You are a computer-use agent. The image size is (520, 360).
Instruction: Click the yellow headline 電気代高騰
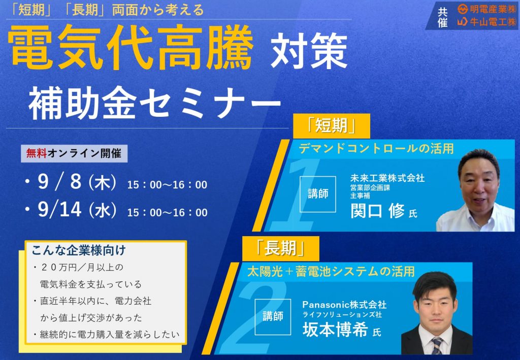click(131, 47)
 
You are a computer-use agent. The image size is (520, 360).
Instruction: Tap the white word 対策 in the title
click(308, 51)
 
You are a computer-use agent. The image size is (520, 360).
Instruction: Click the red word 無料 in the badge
click(37, 153)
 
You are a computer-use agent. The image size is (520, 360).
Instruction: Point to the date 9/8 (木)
click(77, 182)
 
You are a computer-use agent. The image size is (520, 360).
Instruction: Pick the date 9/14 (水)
click(77, 210)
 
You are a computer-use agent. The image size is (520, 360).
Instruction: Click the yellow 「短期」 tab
click(331, 126)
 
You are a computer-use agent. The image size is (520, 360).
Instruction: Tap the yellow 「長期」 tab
click(280, 249)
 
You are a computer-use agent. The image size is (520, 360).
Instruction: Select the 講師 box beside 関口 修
click(318, 194)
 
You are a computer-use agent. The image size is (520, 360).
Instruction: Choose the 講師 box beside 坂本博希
click(273, 317)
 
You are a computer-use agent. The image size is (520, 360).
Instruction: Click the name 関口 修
click(377, 211)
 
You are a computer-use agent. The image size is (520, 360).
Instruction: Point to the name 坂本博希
click(335, 329)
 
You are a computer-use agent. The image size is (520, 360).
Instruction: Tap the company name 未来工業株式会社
click(387, 178)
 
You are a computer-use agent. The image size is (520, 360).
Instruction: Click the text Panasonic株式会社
click(344, 304)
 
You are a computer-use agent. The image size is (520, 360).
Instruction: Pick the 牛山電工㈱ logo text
click(487, 22)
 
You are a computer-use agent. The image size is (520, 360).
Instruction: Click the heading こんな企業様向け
click(79, 250)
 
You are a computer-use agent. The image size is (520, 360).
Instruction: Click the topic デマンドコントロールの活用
click(376, 148)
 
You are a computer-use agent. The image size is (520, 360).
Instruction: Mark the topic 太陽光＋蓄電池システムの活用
click(331, 272)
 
